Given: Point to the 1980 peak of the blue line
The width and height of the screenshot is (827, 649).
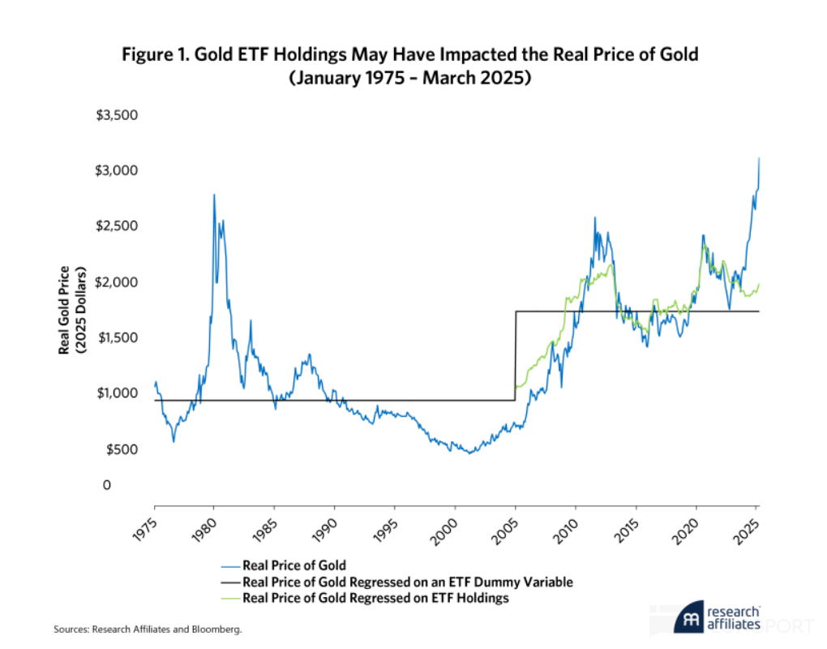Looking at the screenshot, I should [214, 195].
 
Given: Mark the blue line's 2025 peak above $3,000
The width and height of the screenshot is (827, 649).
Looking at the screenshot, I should [759, 158].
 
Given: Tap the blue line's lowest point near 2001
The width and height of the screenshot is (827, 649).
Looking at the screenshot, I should [469, 453].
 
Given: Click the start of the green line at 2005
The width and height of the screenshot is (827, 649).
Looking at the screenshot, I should [516, 388].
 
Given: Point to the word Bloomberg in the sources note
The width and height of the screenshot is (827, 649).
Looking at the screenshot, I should [218, 629].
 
